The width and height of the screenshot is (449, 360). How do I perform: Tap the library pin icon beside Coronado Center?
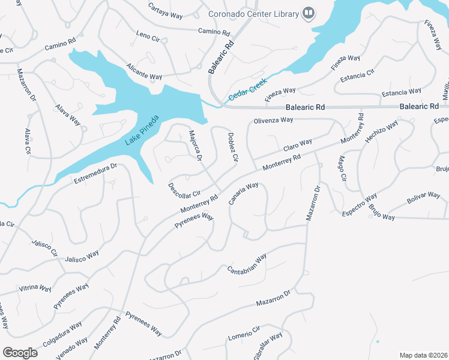point(309,13)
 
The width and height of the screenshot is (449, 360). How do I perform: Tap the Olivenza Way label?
point(273,120)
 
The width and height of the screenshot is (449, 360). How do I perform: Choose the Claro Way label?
point(298,145)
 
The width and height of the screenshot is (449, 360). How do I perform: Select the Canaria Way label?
point(243,193)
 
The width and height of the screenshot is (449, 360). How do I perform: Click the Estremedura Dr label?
point(94,173)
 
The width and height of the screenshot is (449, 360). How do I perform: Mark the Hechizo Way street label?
point(381,132)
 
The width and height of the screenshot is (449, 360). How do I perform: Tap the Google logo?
point(20,353)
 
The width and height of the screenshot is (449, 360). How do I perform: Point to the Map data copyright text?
point(423,355)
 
